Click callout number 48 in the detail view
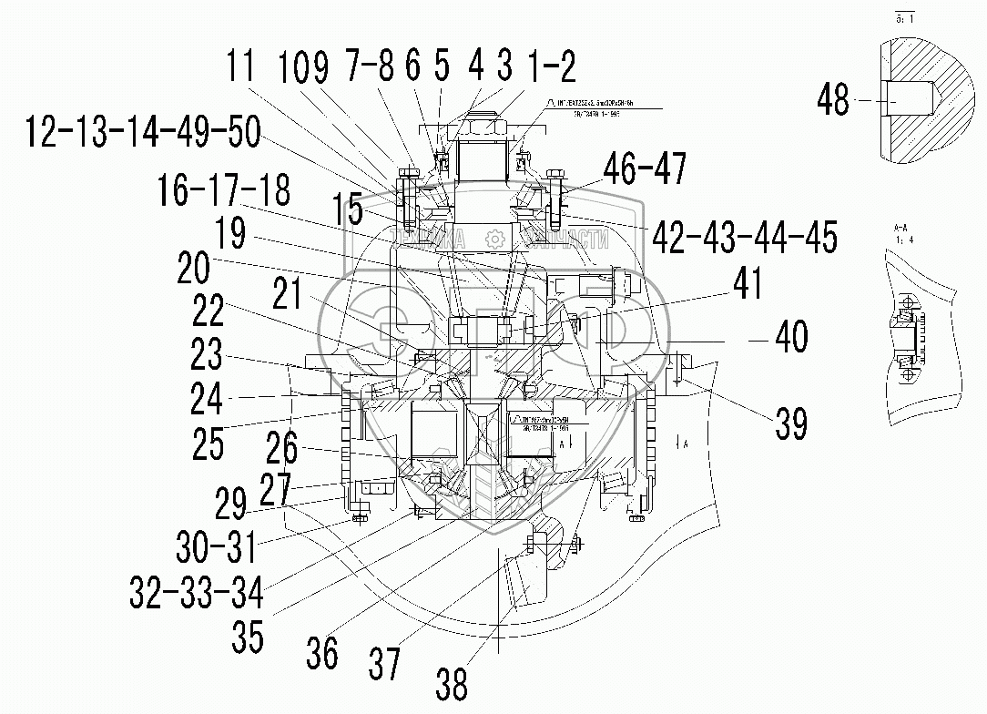click(832, 99)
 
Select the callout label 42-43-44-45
click(742, 238)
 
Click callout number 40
click(790, 337)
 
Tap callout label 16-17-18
click(222, 191)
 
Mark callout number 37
click(383, 663)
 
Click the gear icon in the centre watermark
click(495, 239)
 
